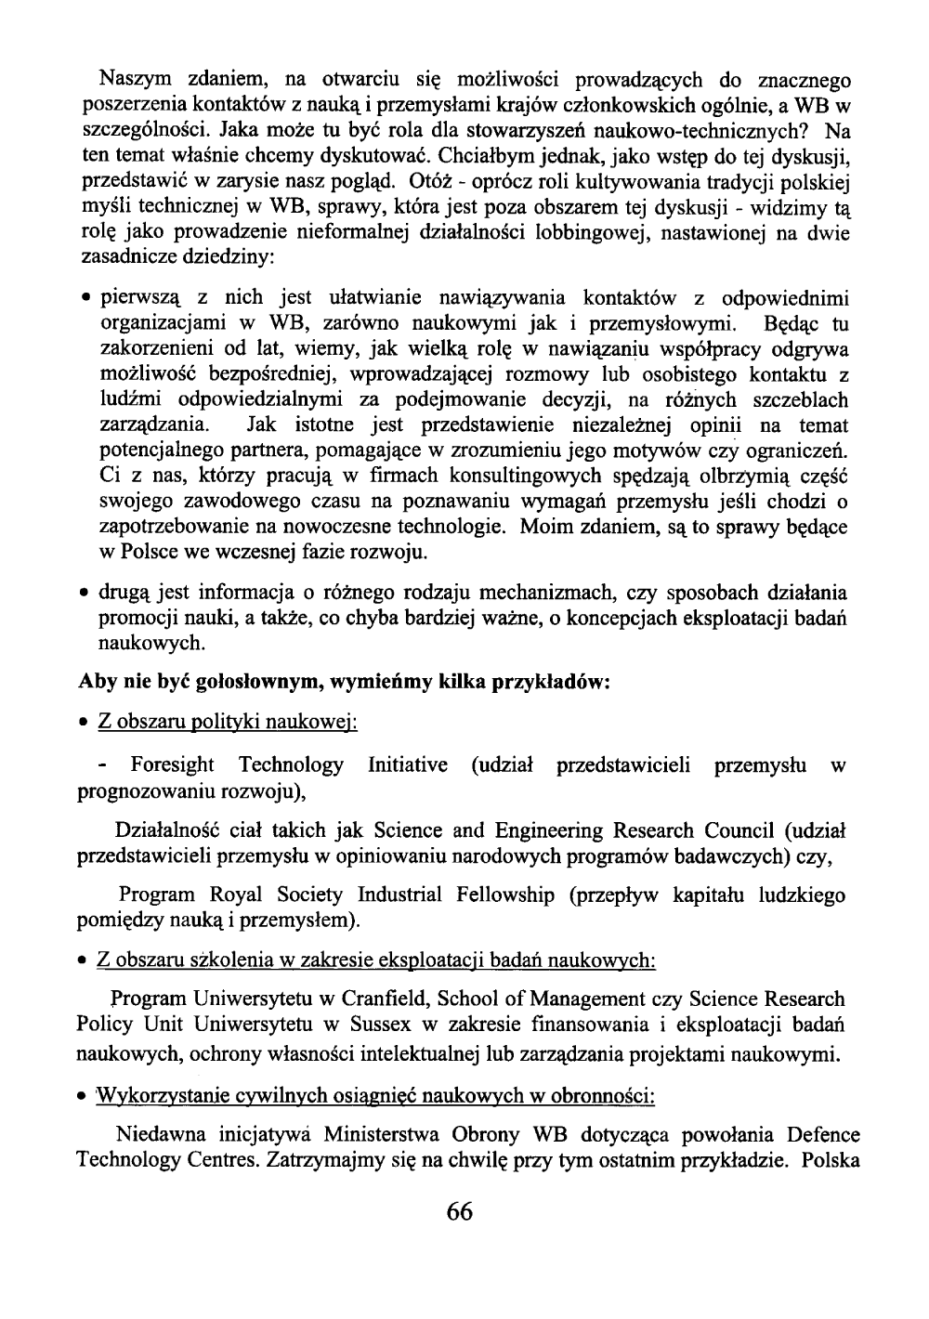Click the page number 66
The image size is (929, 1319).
click(x=460, y=1211)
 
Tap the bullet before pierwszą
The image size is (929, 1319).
click(x=85, y=299)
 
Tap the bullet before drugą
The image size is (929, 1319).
click(x=85, y=593)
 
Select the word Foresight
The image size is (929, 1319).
click(x=172, y=764)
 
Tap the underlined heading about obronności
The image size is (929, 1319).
click(x=376, y=1097)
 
